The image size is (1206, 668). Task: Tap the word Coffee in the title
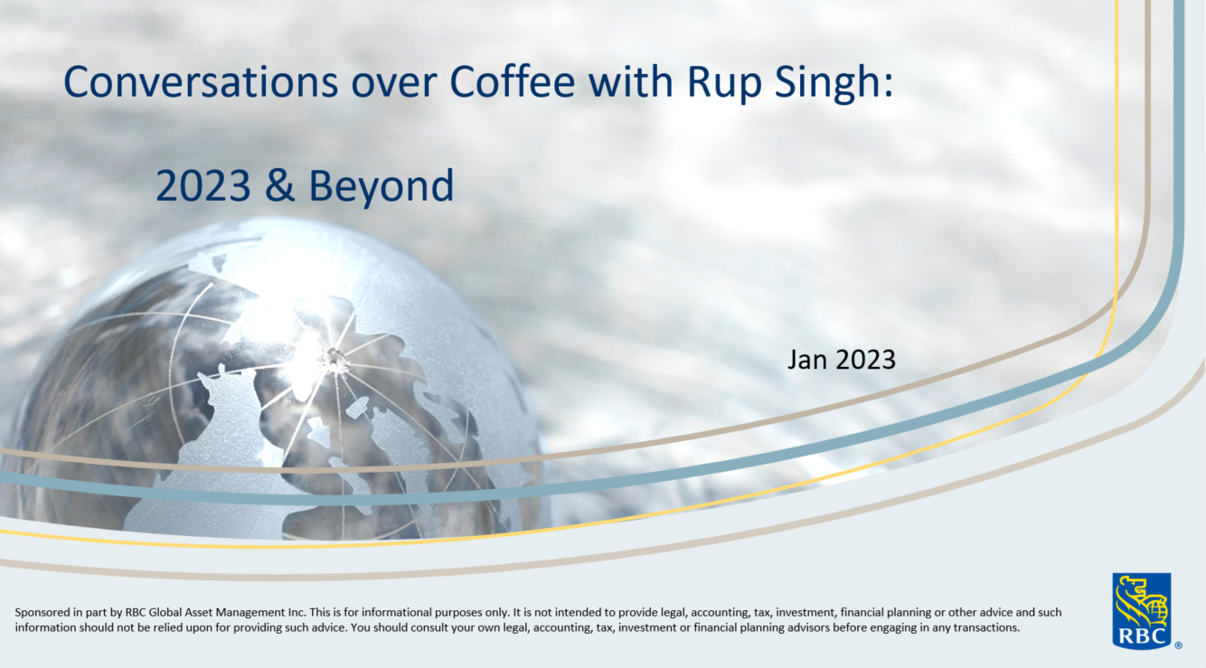[x=513, y=82]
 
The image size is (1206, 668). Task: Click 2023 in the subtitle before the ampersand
[x=203, y=186]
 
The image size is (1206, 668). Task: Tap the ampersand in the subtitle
[x=279, y=186]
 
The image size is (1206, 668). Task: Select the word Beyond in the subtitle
[x=381, y=186]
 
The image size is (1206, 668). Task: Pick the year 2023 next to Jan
[x=865, y=360]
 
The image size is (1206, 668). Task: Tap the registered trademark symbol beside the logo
[x=1178, y=645]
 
